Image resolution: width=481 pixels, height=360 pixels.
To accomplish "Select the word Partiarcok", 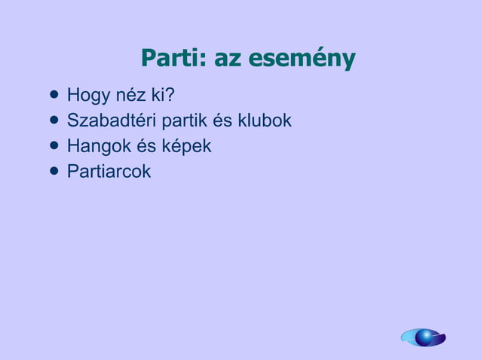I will (109, 171).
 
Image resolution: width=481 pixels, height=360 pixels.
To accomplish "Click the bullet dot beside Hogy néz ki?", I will (53, 96).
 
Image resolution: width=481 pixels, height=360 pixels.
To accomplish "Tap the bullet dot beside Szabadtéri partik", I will (53, 121).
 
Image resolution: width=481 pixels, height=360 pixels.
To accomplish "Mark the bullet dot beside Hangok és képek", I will (53, 145).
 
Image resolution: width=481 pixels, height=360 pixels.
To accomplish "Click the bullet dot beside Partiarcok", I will (53, 171).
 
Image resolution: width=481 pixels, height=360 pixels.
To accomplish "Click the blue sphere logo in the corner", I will (424, 337).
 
